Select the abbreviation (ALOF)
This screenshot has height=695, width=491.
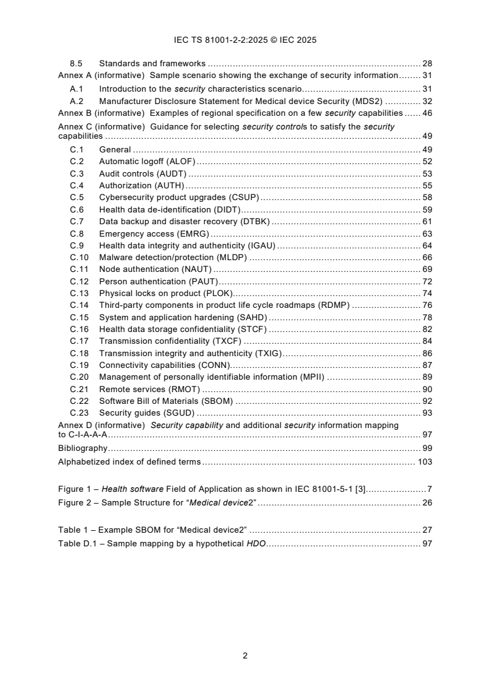pyautogui.click(x=181, y=161)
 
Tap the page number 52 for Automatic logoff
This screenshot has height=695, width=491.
pyautogui.click(x=427, y=161)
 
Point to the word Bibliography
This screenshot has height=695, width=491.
pyautogui.click(x=82, y=448)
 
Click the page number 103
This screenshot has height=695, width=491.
pyautogui.click(x=424, y=461)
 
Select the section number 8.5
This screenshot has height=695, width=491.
pyautogui.click(x=77, y=63)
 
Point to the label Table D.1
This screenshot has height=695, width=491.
pyautogui.click(x=80, y=543)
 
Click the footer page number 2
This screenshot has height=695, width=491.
pyautogui.click(x=245, y=655)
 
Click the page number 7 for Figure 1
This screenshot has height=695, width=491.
pyautogui.click(x=429, y=489)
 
